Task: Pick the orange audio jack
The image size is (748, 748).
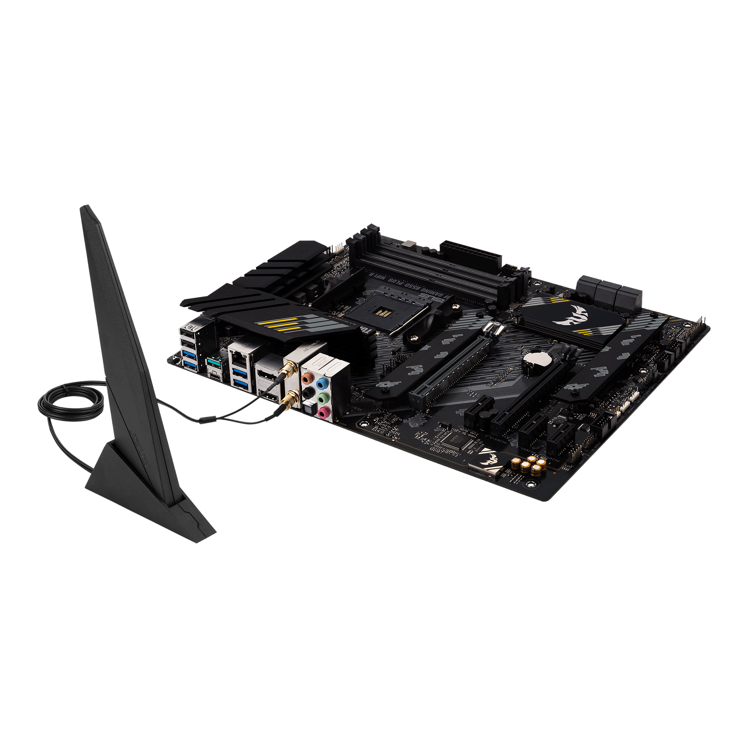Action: pos(307,377)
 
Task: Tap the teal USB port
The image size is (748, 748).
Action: pos(212,362)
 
